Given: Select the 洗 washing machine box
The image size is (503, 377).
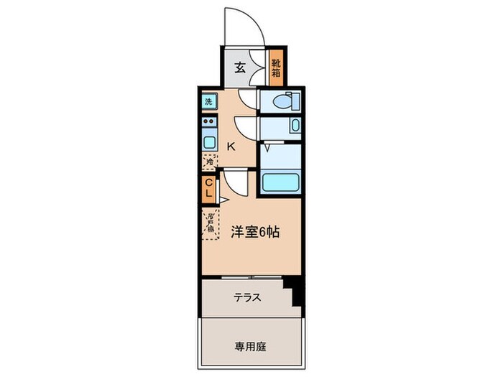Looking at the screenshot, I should coord(208,101).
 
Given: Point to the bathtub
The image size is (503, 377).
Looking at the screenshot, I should coord(280,182).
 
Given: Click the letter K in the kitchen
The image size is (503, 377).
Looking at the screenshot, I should coord(231,146).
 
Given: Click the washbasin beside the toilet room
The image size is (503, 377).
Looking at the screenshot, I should coord(295,127).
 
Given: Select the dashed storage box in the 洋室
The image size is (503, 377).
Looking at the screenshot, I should coord(210,225).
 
